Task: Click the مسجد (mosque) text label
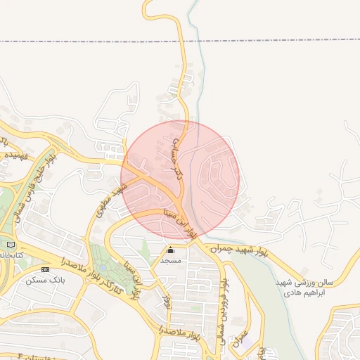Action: pos(170,260)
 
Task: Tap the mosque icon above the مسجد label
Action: pos(170,250)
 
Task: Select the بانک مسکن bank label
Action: pos(45,279)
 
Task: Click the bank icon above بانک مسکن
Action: pos(46,269)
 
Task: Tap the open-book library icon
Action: pos(10,244)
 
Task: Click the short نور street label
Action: pos(166,302)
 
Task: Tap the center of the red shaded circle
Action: pos(180,179)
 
